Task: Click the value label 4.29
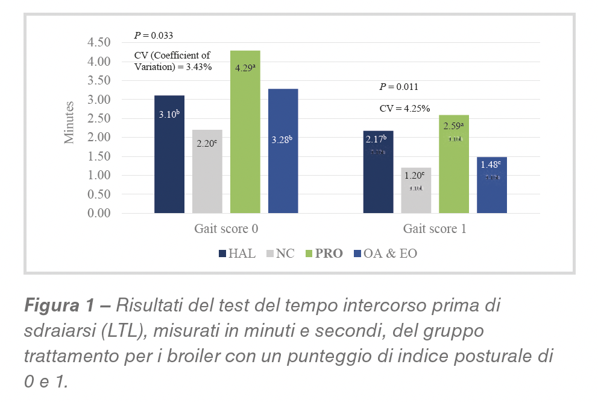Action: [245, 68]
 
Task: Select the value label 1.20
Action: [415, 176]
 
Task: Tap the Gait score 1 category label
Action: [435, 229]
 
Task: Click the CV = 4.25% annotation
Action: [404, 109]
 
